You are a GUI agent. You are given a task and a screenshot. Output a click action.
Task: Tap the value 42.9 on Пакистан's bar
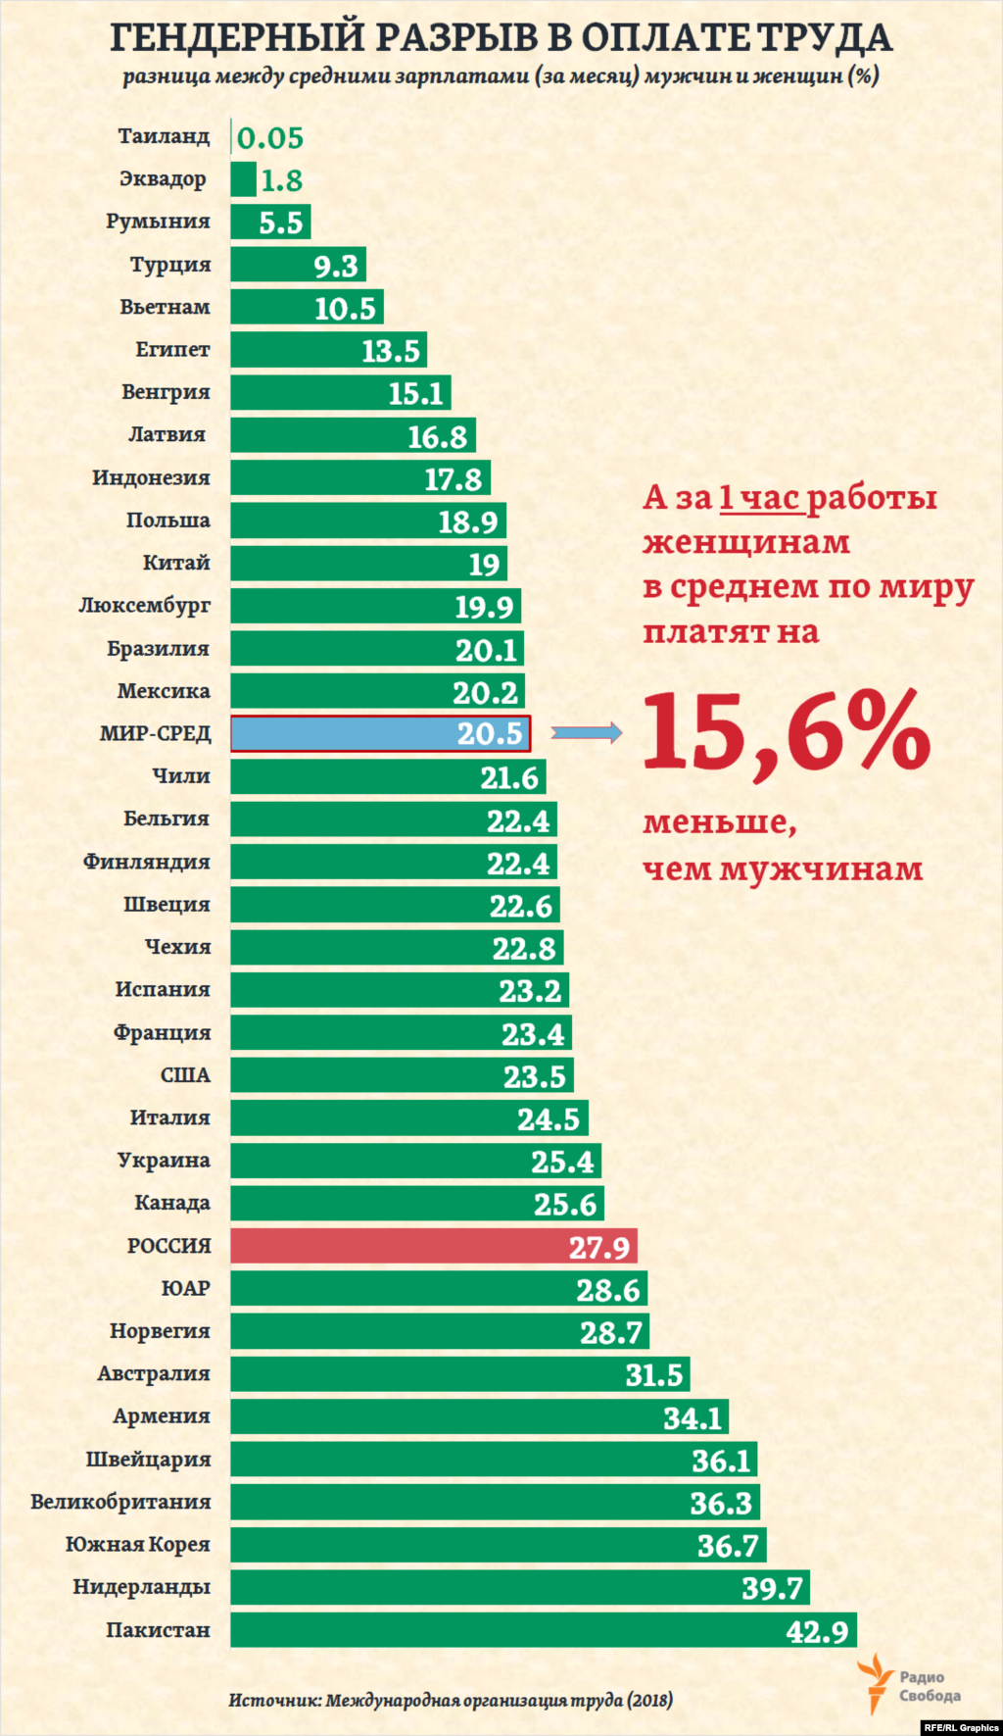[817, 1631]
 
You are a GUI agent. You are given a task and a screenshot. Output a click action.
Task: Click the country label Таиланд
[164, 136]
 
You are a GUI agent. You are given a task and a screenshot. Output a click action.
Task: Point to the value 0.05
[270, 138]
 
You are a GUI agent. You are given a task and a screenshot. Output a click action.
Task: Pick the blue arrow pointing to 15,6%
[587, 732]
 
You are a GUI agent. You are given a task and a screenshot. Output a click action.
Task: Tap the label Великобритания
[120, 1502]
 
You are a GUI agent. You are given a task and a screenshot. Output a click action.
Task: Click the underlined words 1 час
[760, 498]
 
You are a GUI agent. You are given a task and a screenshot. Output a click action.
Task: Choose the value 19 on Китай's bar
[484, 565]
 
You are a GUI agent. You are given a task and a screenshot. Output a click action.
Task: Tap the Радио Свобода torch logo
[874, 1682]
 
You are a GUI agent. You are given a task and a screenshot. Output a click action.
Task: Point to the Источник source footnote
[451, 1700]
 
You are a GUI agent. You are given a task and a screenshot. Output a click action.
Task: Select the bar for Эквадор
[243, 179]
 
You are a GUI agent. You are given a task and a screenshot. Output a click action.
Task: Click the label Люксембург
[145, 606]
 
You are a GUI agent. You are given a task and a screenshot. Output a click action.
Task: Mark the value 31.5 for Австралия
[653, 1375]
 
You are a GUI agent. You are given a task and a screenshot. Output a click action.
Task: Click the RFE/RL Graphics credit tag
[960, 1727]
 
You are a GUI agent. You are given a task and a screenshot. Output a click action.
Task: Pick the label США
[185, 1075]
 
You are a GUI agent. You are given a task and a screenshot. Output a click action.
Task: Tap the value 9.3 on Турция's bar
[335, 266]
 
